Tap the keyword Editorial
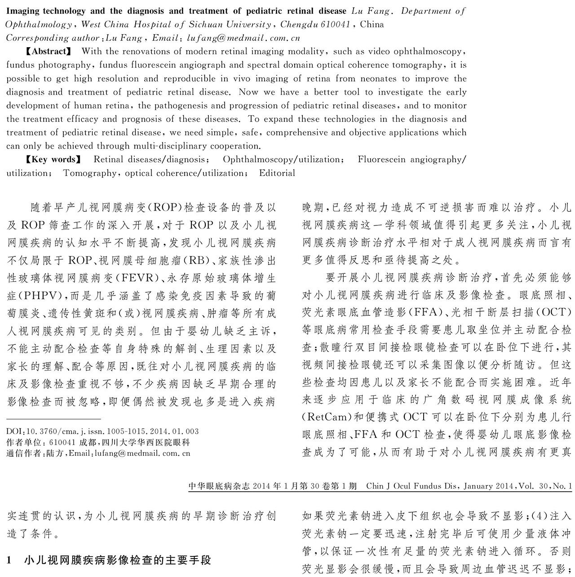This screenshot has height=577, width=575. click(277, 173)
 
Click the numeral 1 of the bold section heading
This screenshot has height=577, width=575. click(9, 560)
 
